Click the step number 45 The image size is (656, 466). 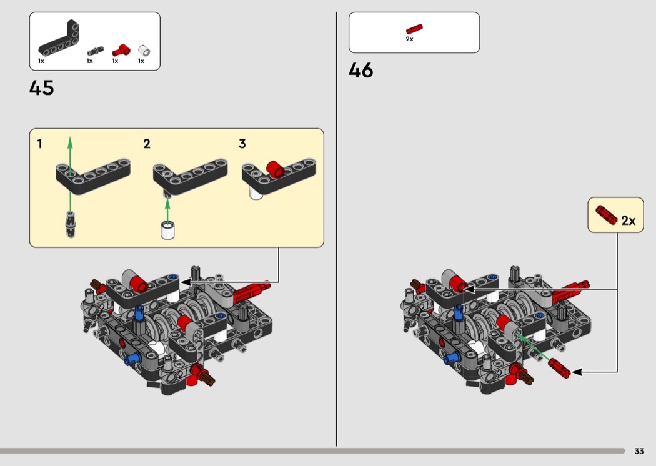pos(41,88)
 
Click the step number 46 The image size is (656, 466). pos(360,71)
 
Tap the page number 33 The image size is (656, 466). pos(639,451)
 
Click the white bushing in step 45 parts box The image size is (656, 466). pos(143,50)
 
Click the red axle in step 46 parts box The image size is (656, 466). pos(414,29)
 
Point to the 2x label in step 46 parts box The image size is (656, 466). pos(409,39)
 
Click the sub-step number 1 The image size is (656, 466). pos(40,144)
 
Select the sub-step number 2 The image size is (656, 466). pos(147,144)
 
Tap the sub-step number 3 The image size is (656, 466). pos(242,144)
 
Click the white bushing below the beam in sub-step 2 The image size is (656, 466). pos(166,230)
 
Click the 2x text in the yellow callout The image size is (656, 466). pos(628,220)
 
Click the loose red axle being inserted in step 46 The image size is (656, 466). pos(559,368)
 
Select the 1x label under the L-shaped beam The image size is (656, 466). pos(41,61)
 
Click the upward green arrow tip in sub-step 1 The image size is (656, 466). pos(70,139)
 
